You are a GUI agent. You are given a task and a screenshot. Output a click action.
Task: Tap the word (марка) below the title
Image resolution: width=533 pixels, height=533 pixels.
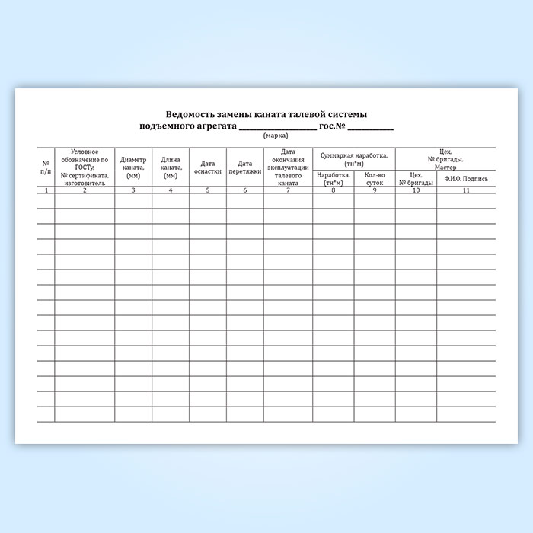[x=276, y=136]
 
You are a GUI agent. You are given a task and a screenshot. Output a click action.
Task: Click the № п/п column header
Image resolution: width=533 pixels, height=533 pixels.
[x=46, y=167]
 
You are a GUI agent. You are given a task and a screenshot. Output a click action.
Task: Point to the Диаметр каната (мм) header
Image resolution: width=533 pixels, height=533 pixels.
[x=133, y=167]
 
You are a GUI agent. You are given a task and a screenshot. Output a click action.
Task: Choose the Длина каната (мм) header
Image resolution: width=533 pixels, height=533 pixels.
[x=171, y=167]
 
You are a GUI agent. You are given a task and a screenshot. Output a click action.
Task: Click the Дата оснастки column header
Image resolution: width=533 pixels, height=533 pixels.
[x=208, y=167]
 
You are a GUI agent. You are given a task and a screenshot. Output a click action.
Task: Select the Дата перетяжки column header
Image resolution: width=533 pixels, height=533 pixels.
[x=244, y=167]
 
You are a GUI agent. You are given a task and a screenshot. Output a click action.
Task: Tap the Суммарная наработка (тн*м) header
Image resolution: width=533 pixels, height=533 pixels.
[x=354, y=159]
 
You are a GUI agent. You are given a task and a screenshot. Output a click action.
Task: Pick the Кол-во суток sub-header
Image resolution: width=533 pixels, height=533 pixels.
[x=375, y=179]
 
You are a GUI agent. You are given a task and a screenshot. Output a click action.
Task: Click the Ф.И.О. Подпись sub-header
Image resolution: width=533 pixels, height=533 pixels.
[x=466, y=180]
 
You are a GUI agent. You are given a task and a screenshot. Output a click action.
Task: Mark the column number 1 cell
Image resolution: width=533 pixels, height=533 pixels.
[x=46, y=190]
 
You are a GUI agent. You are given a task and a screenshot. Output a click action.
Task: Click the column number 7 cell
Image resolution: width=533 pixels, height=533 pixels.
[x=288, y=190]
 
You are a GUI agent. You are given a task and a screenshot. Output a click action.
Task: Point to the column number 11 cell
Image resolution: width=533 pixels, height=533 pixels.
[x=466, y=190]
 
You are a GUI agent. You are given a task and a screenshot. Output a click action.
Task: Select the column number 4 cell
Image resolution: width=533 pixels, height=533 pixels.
[x=171, y=190]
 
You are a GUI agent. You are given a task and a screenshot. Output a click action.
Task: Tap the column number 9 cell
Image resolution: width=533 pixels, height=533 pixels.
[x=375, y=190]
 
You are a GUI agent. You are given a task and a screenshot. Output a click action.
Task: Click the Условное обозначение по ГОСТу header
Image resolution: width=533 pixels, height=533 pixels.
[x=85, y=167]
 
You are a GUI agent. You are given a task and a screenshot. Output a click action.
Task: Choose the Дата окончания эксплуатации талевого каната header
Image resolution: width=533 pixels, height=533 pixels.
[x=288, y=167]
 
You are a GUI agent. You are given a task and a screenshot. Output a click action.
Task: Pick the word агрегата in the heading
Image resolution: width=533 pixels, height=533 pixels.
[x=209, y=125]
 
